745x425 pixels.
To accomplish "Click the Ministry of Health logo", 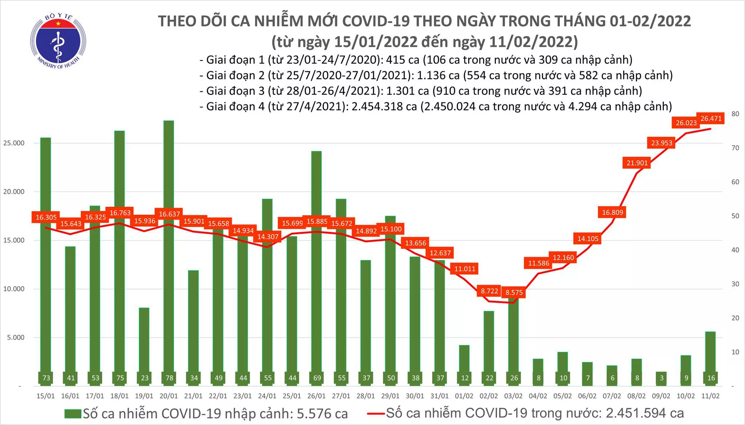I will (58, 41).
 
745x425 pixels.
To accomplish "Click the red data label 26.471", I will (711, 119).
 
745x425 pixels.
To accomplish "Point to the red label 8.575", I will (514, 293).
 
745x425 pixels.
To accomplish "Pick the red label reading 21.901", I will (637, 163).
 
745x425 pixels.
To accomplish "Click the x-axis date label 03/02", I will (513, 396).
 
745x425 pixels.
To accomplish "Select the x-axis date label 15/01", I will (45, 396).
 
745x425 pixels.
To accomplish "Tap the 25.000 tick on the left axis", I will (14, 143).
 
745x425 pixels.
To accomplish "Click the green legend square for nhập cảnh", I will (73, 414).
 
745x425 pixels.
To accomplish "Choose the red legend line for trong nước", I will (375, 413).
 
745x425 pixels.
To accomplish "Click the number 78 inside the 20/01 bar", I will (169, 378).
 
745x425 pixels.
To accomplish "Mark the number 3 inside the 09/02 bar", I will (662, 378).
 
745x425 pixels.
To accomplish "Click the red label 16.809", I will (612, 212).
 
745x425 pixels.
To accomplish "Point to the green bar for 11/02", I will (710, 358).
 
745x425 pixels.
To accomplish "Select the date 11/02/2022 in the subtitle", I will (530, 42).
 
